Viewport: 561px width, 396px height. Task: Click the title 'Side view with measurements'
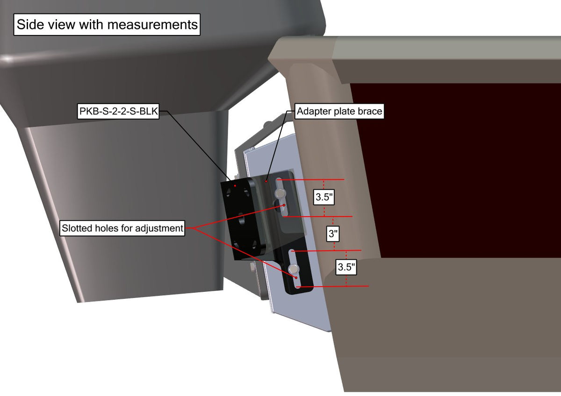click(x=107, y=24)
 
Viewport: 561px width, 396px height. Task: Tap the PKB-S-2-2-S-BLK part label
click(x=118, y=111)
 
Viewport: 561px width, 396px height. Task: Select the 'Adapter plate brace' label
click(x=339, y=111)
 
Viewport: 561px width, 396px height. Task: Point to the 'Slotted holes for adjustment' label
click(x=122, y=228)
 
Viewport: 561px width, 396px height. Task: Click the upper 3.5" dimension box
click(x=324, y=197)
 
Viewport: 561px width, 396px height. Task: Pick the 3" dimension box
click(x=333, y=234)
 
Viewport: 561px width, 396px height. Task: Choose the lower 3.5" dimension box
click(x=346, y=267)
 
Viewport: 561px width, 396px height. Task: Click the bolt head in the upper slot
click(x=280, y=193)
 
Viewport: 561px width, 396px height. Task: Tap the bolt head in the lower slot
click(x=294, y=269)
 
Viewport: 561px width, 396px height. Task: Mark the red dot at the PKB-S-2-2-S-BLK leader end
click(x=235, y=185)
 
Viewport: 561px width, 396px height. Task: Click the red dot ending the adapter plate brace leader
click(x=266, y=181)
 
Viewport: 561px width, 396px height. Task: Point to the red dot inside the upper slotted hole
click(x=284, y=205)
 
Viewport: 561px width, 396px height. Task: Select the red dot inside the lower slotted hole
click(x=296, y=278)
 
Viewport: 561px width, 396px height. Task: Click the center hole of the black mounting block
click(x=241, y=219)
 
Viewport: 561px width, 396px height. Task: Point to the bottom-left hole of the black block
click(x=236, y=244)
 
